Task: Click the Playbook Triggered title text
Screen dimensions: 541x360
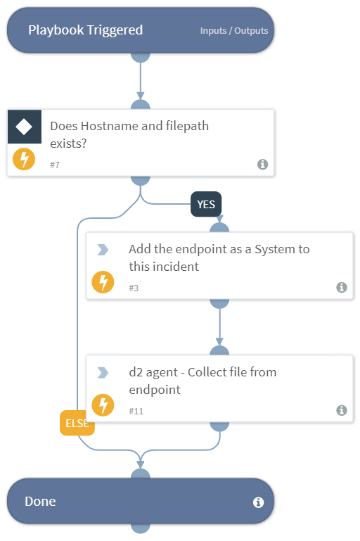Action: (85, 30)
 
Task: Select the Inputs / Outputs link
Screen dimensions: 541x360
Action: (233, 31)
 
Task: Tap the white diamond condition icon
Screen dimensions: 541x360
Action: (24, 127)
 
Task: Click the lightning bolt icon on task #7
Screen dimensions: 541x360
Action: (24, 159)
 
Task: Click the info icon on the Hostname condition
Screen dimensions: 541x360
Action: (262, 164)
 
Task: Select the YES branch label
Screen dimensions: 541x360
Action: (206, 204)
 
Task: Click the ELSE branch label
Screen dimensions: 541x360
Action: (77, 424)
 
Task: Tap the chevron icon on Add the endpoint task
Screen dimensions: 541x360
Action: (103, 249)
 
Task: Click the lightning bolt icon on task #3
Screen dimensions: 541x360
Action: (103, 282)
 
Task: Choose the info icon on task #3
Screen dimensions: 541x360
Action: (341, 287)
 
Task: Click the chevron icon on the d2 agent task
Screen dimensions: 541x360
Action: (103, 372)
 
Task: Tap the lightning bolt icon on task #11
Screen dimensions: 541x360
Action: (103, 405)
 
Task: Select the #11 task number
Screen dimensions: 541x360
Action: (136, 410)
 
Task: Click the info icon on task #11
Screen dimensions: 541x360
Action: (341, 410)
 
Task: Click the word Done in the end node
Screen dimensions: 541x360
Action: (40, 502)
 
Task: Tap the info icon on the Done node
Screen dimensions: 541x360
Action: (257, 502)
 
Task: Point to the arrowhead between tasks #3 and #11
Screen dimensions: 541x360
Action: (220, 342)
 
